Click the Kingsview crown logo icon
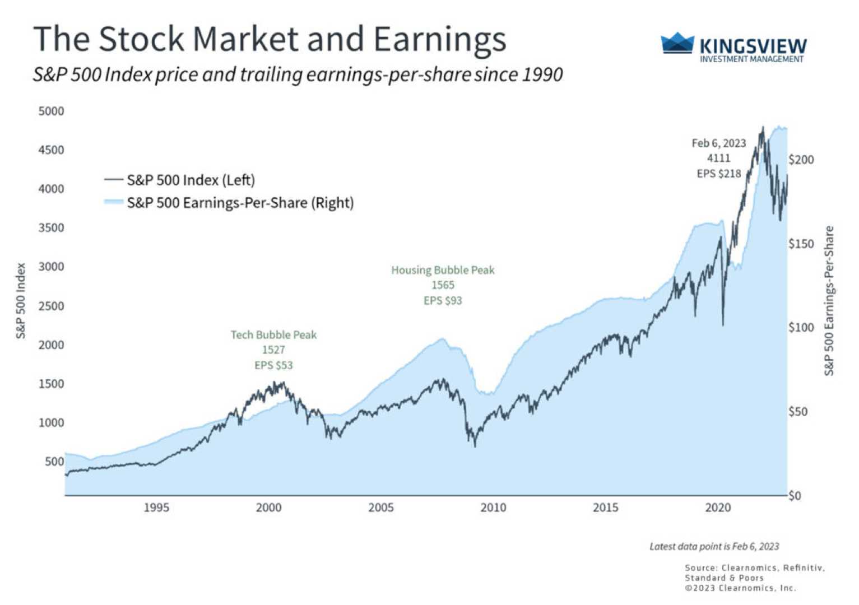tap(677, 43)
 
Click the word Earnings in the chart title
tap(440, 39)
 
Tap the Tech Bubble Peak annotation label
tap(273, 335)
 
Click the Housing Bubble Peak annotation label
tap(443, 270)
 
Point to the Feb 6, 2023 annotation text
tap(718, 143)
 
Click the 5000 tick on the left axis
tap(51, 111)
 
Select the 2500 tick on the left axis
tap(51, 306)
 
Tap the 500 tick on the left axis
tap(54, 462)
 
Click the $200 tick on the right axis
tap(801, 160)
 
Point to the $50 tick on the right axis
tap(798, 412)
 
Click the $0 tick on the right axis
tap(795, 496)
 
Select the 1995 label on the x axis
tap(156, 508)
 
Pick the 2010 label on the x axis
tap(493, 508)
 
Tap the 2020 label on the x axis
tap(718, 508)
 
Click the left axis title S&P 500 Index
tap(21, 301)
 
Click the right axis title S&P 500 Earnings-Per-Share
tap(829, 301)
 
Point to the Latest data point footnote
tap(714, 546)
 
